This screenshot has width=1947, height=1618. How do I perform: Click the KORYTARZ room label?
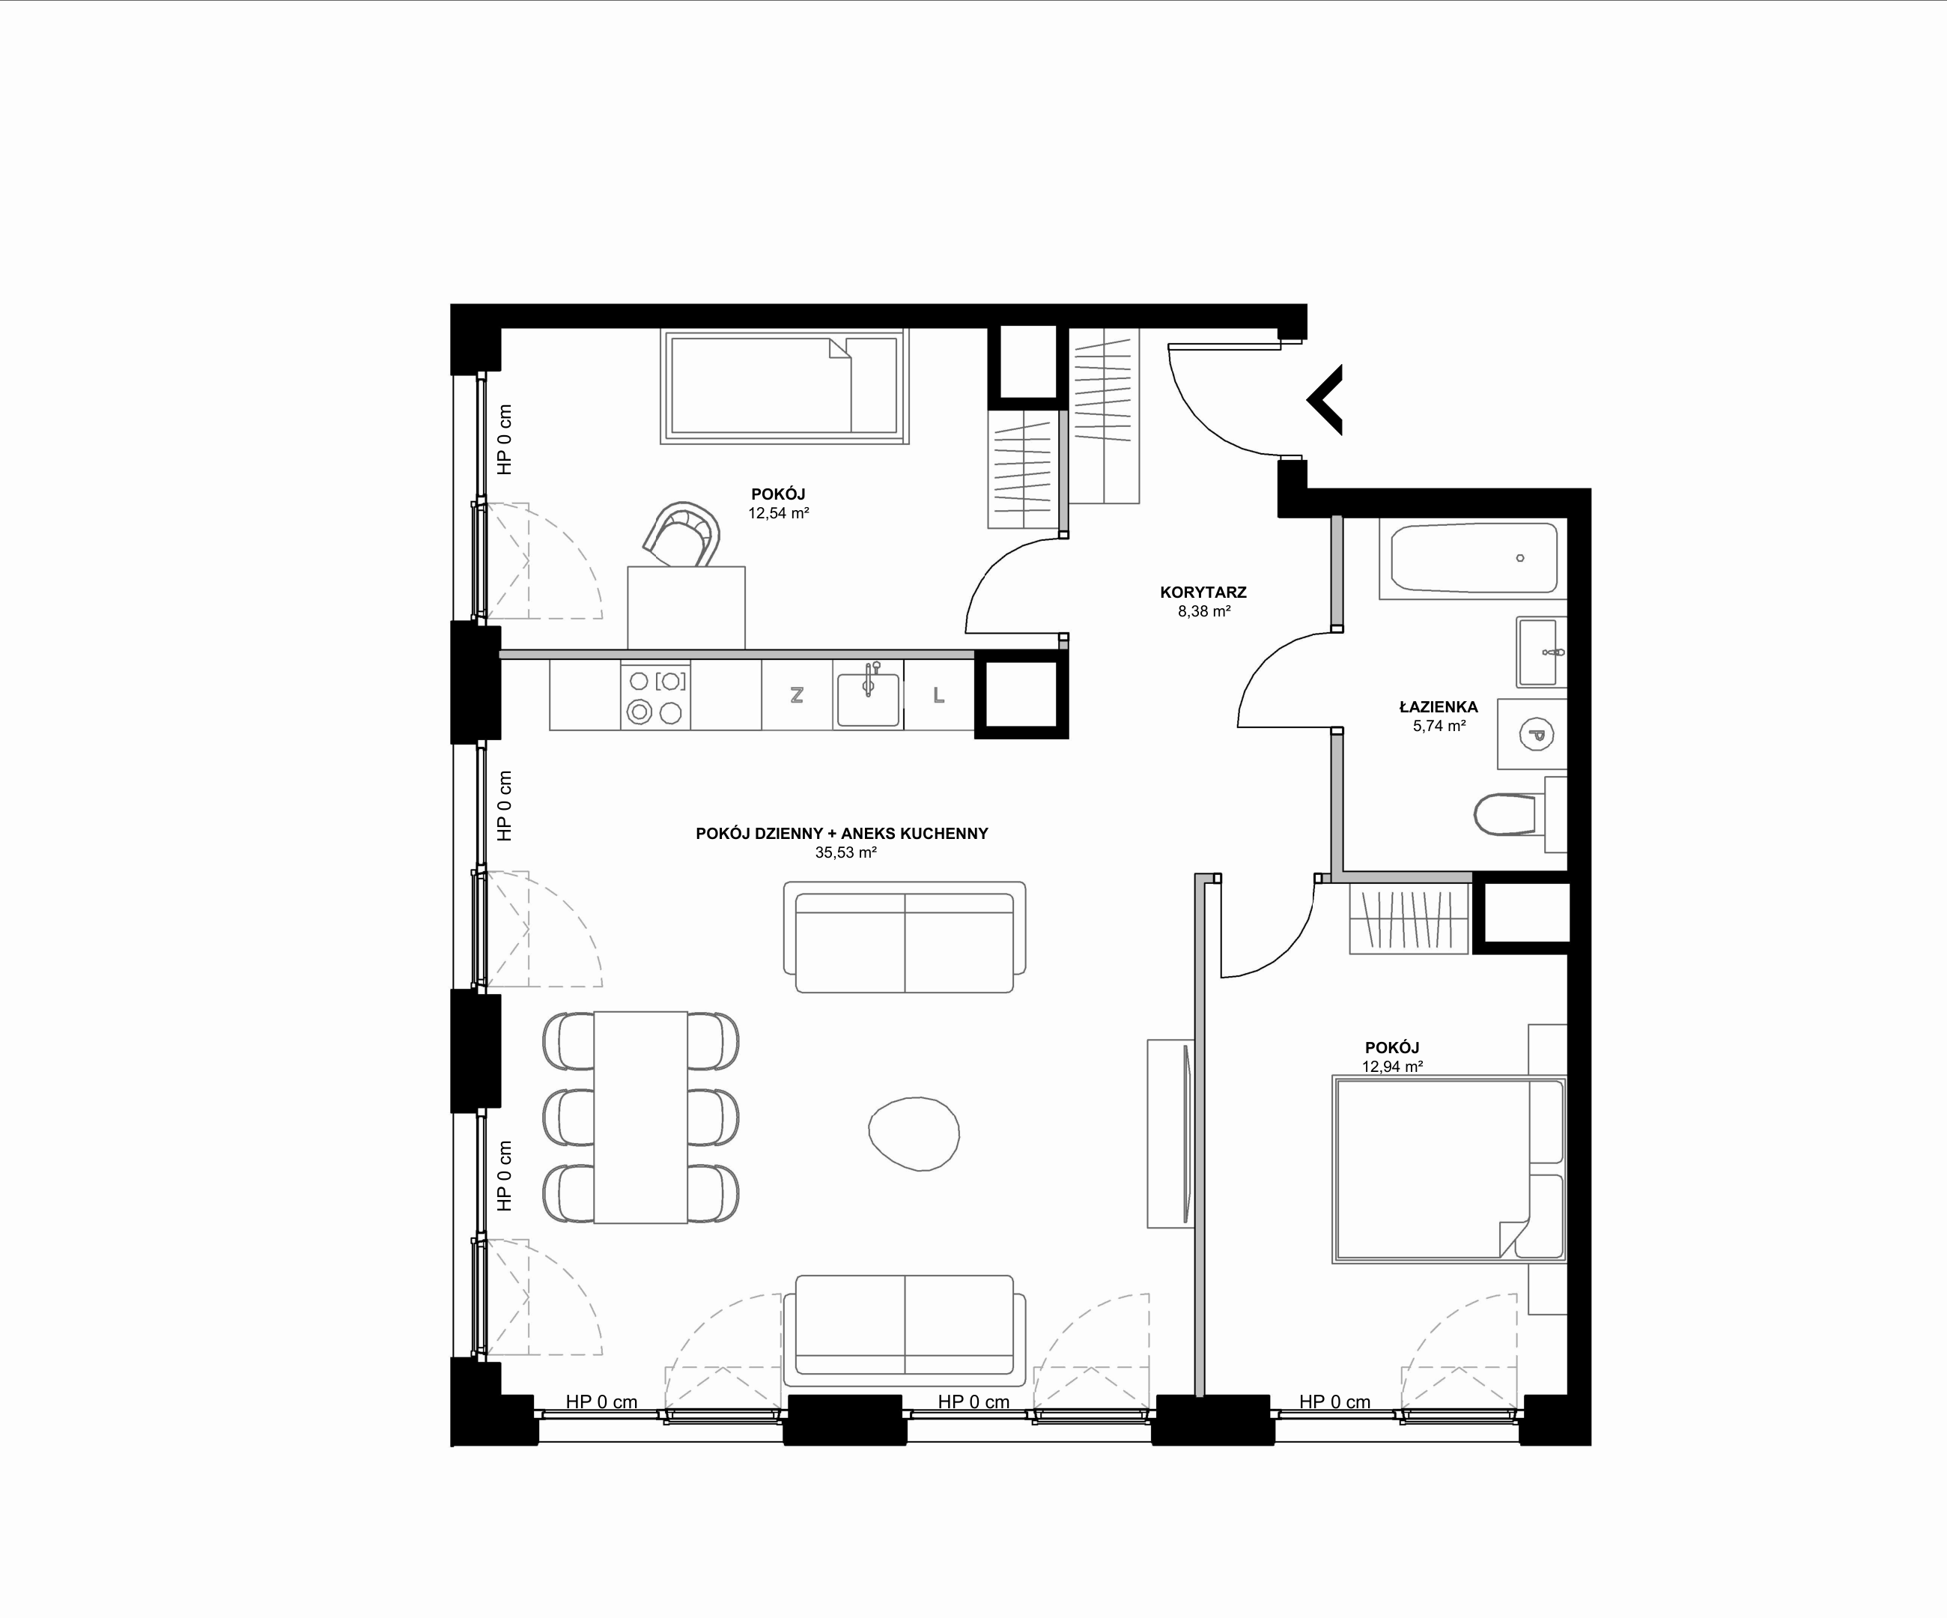pos(1203,593)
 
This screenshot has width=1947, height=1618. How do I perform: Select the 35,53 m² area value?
pos(845,853)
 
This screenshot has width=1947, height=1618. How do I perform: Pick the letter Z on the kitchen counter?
pos(797,695)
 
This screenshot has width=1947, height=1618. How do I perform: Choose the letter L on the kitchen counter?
pos(938,695)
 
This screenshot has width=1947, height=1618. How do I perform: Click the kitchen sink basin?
pos(868,698)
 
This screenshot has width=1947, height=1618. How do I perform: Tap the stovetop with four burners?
pos(655,695)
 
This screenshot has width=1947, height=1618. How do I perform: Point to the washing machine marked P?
pos(1531,734)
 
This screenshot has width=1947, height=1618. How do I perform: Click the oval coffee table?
pos(914,1133)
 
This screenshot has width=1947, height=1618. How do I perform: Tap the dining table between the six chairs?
pos(641,1118)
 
